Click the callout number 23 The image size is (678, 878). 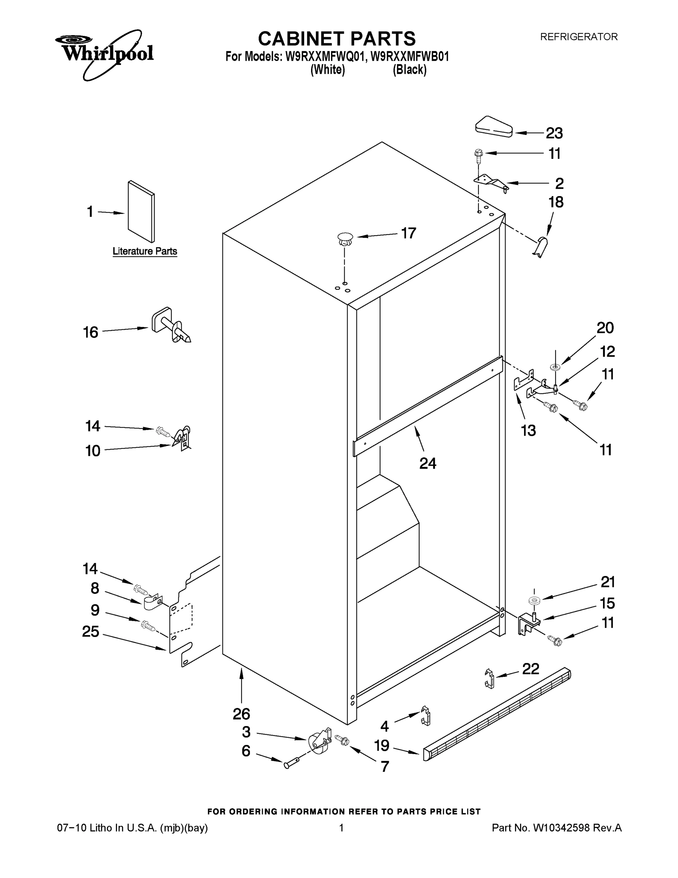pos(554,133)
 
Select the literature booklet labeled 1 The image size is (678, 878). pos(141,211)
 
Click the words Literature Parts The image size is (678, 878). pos(145,251)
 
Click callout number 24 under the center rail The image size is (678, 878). pos(427,464)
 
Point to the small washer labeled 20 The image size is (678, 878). pos(556,367)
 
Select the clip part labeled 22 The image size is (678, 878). pos(489,679)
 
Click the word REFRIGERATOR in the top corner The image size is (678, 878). pos(578,37)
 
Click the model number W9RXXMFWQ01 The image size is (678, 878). pos(325,57)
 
